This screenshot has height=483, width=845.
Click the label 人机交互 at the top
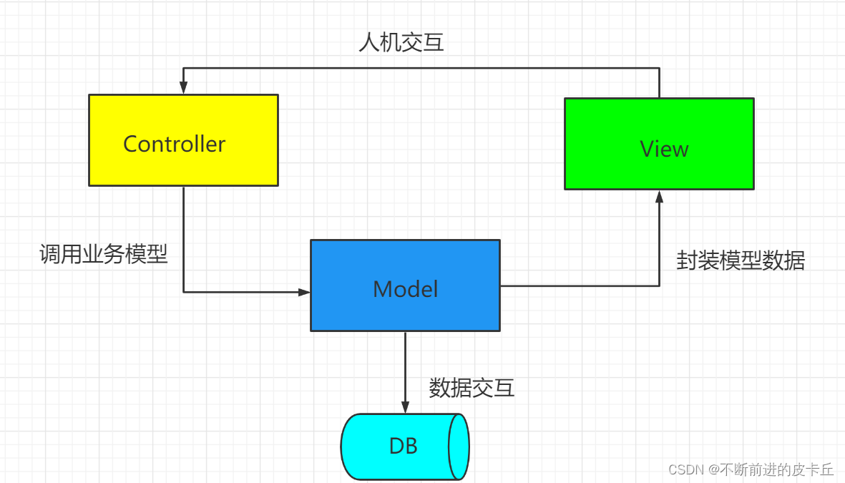(401, 42)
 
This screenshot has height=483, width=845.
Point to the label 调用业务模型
(104, 253)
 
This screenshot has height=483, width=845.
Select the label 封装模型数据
(741, 260)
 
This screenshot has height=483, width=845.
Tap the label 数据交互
(472, 388)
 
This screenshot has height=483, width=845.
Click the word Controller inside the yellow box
(174, 144)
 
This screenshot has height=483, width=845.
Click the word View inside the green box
(664, 149)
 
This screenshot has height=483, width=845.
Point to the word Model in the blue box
(405, 289)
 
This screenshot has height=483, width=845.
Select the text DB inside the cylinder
(403, 447)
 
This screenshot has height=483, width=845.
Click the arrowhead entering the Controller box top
(183, 87)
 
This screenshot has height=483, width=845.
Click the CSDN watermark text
(751, 469)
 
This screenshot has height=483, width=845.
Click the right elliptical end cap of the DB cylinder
(458, 447)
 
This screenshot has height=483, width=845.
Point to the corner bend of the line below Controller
(183, 292)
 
